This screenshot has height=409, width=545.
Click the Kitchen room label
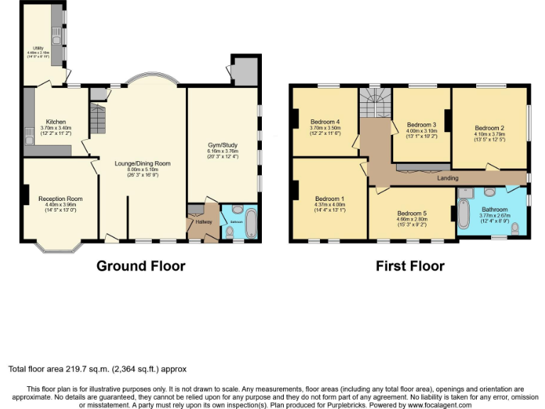(55, 122)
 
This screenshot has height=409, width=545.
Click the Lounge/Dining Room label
(143, 163)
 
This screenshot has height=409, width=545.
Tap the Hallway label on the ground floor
(204, 222)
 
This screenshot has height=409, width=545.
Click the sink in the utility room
(55, 32)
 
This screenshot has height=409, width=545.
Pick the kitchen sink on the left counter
(28, 132)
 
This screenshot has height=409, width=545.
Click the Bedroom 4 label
(325, 121)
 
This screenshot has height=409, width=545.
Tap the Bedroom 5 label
(412, 214)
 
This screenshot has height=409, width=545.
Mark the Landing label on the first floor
(448, 178)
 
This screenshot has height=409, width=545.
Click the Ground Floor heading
(141, 266)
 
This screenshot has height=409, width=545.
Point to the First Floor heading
(410, 266)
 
